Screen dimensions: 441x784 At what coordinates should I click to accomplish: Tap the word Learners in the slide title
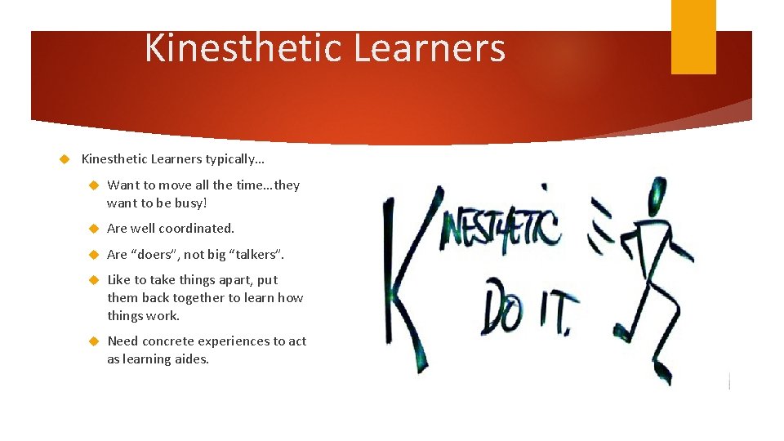click(430, 48)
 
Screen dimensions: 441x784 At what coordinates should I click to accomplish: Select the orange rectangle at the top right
click(693, 37)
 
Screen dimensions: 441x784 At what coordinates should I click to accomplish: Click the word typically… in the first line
click(242, 158)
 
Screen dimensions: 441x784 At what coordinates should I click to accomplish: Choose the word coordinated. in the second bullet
click(194, 229)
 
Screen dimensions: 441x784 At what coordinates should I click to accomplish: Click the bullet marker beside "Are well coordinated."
click(94, 229)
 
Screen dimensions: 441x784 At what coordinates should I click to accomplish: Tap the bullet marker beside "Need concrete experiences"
click(94, 341)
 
